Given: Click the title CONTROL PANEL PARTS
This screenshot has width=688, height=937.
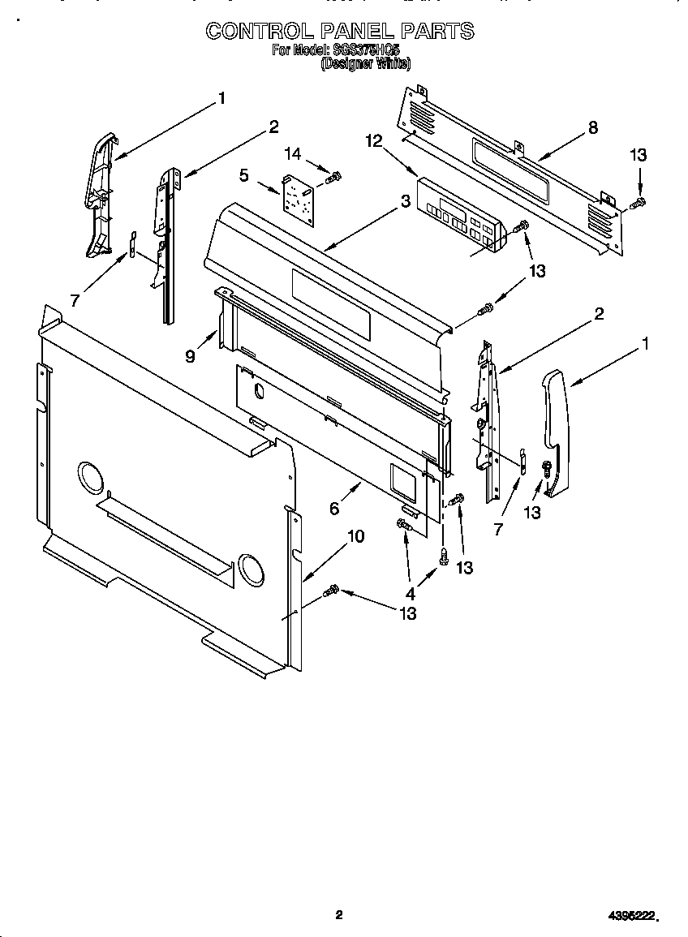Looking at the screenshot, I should (x=339, y=31).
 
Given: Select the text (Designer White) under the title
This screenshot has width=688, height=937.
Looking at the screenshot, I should (x=366, y=64).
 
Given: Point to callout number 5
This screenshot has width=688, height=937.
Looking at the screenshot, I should (x=243, y=174).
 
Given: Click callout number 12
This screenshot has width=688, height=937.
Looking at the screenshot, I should (x=373, y=140).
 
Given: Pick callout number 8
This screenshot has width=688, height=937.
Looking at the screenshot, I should (x=593, y=127).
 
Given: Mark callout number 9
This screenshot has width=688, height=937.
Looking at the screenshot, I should (x=190, y=355).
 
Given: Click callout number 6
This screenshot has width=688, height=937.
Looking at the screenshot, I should (x=334, y=509).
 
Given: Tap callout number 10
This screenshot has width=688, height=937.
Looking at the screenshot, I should (x=355, y=536).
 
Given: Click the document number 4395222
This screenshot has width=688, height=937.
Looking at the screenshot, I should (x=633, y=915).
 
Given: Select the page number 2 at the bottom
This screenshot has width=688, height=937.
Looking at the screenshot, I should (x=339, y=915).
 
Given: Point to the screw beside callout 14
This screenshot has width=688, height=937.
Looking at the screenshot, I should (x=332, y=175).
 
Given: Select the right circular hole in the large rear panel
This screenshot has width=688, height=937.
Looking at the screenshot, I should (x=251, y=571).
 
